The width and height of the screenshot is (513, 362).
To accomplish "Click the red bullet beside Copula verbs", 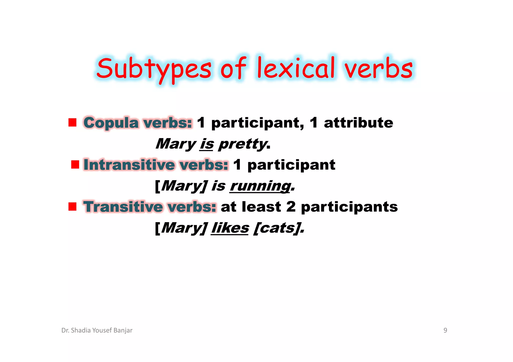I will tap(72, 123).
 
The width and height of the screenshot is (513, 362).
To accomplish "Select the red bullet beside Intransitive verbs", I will tap(75, 165).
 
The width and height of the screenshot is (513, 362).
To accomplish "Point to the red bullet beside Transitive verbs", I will tap(72, 207).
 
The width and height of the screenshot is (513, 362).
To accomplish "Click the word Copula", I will tap(111, 123).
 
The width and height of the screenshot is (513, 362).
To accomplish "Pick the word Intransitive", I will tap(129, 165).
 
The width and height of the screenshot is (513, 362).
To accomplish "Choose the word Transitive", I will tap(123, 207).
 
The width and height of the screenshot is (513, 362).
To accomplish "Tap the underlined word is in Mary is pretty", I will tap(207, 144).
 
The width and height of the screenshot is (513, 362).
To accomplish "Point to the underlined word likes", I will tap(230, 228).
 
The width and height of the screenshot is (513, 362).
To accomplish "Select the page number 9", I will tap(445, 330).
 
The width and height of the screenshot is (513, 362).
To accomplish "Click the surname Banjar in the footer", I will tap(123, 330).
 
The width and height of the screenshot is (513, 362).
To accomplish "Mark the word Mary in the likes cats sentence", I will tap(182, 228).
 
